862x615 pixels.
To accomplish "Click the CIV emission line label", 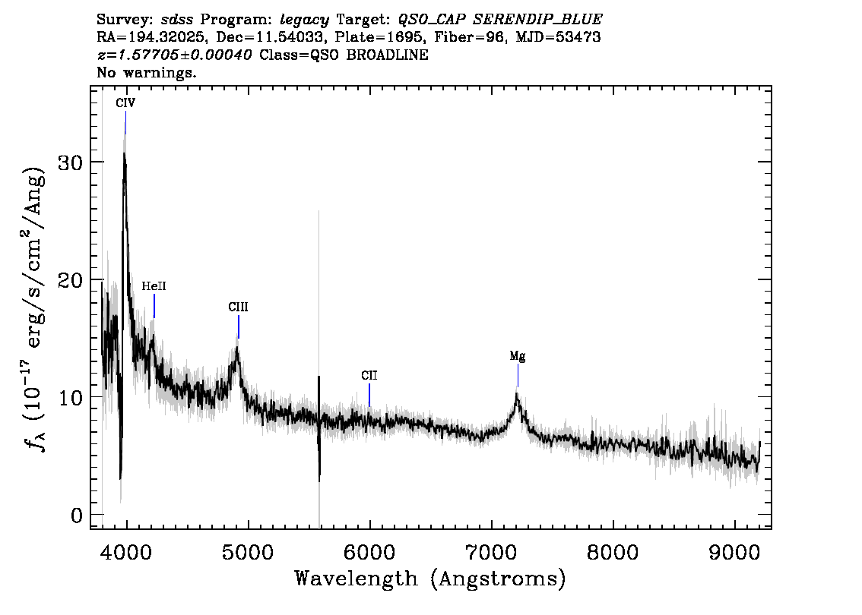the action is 125,102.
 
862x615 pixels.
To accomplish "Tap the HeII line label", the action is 154,286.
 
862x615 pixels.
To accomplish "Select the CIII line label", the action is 238,307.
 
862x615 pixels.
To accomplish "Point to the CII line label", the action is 369,376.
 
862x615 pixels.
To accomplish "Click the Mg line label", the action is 518,356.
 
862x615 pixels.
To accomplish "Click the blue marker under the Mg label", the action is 518,376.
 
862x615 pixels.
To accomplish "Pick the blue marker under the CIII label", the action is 239,326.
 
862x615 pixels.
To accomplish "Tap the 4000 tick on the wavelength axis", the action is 126,552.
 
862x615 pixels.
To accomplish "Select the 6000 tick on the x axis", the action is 369,552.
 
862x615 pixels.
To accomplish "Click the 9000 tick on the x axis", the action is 734,552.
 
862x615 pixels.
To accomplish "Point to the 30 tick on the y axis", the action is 71,162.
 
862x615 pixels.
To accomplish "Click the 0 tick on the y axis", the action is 77,515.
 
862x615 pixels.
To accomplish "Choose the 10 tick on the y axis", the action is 71,397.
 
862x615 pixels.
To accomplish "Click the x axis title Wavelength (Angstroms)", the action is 430,579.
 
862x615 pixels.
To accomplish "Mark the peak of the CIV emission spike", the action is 124,153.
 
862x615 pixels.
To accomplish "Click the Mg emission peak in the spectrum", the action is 517,394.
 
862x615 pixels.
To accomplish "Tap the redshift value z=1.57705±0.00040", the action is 174,55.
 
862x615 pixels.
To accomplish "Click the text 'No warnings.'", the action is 146,72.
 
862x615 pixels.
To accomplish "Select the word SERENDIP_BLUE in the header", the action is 537,20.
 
